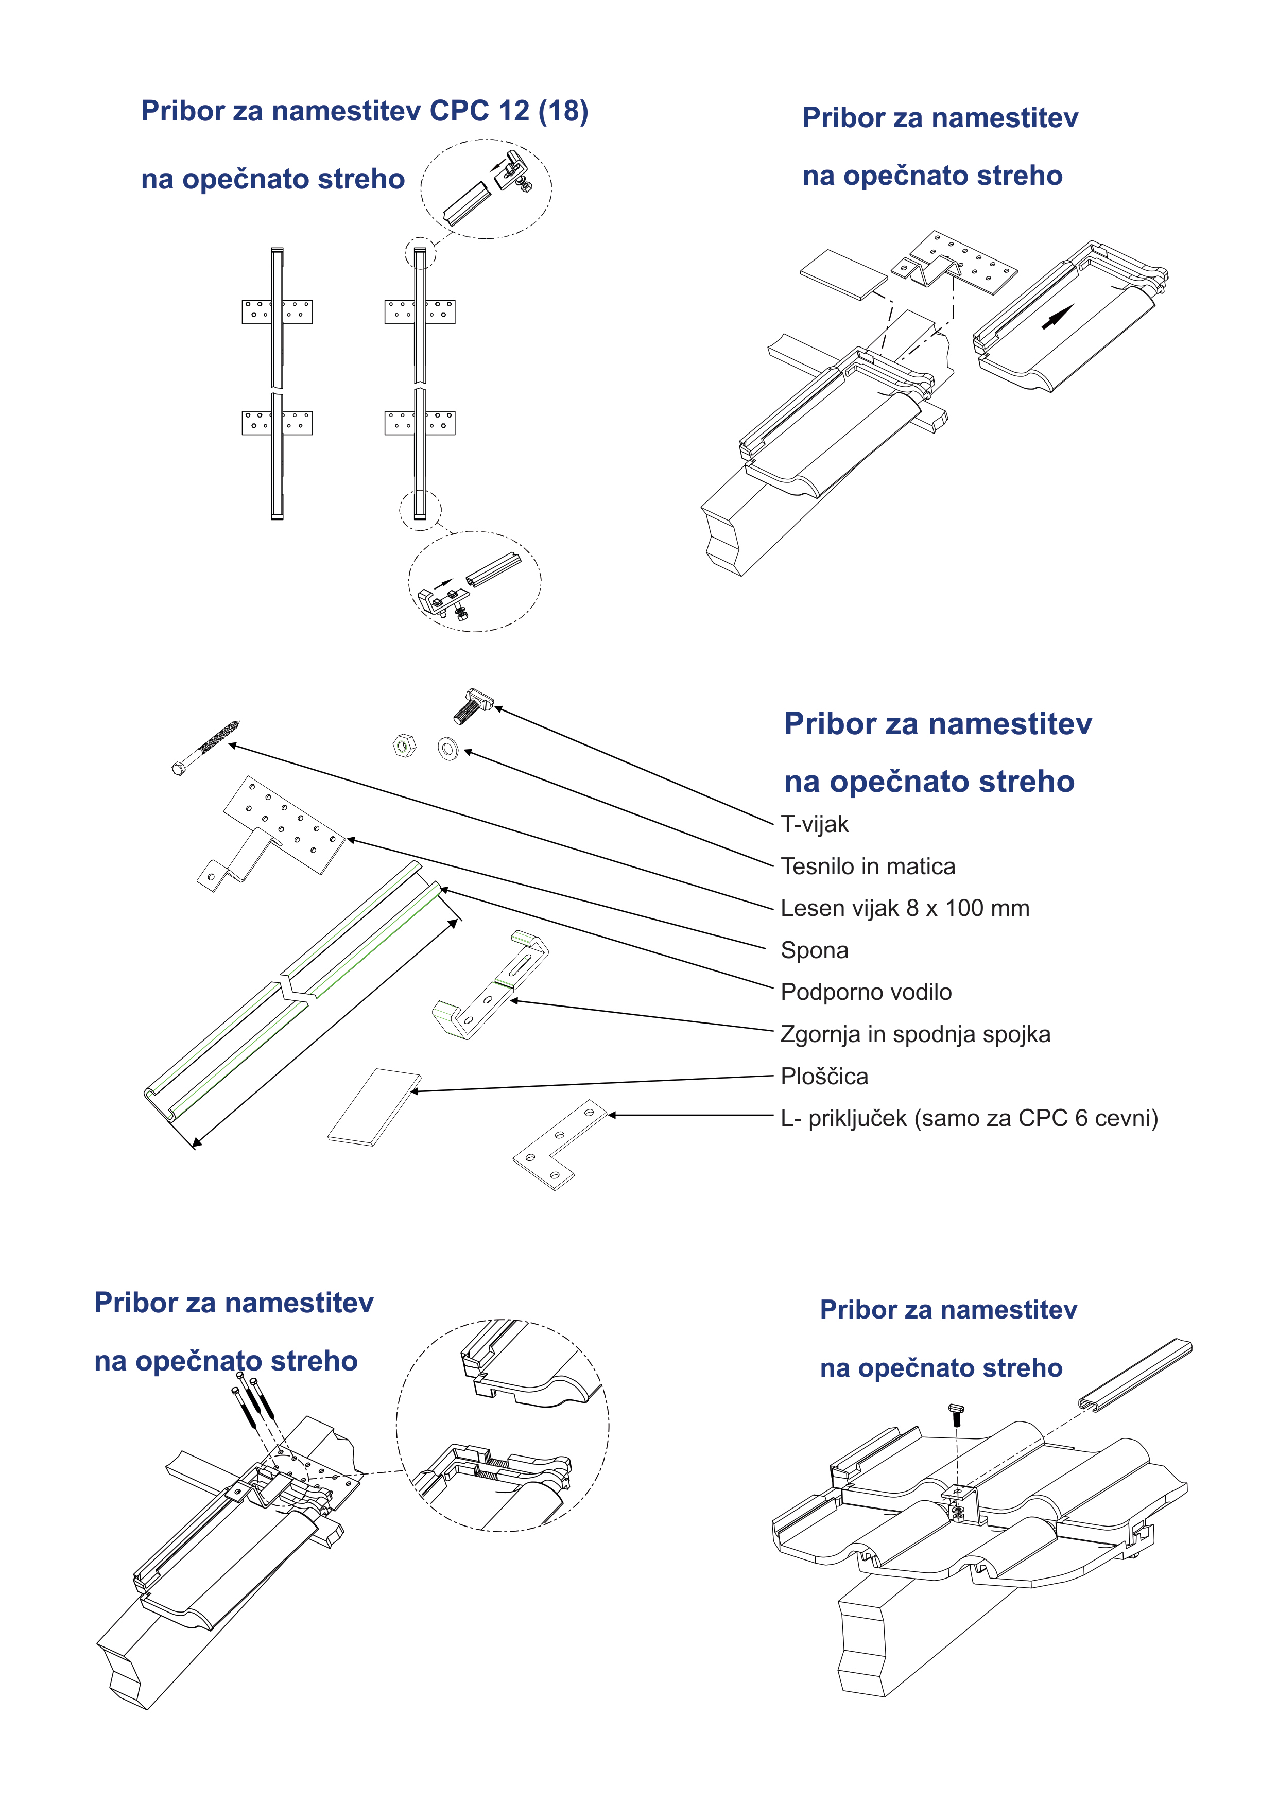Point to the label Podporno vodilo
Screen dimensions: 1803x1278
866,992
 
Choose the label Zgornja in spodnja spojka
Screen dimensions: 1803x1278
914,1034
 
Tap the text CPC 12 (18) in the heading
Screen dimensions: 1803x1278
508,111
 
